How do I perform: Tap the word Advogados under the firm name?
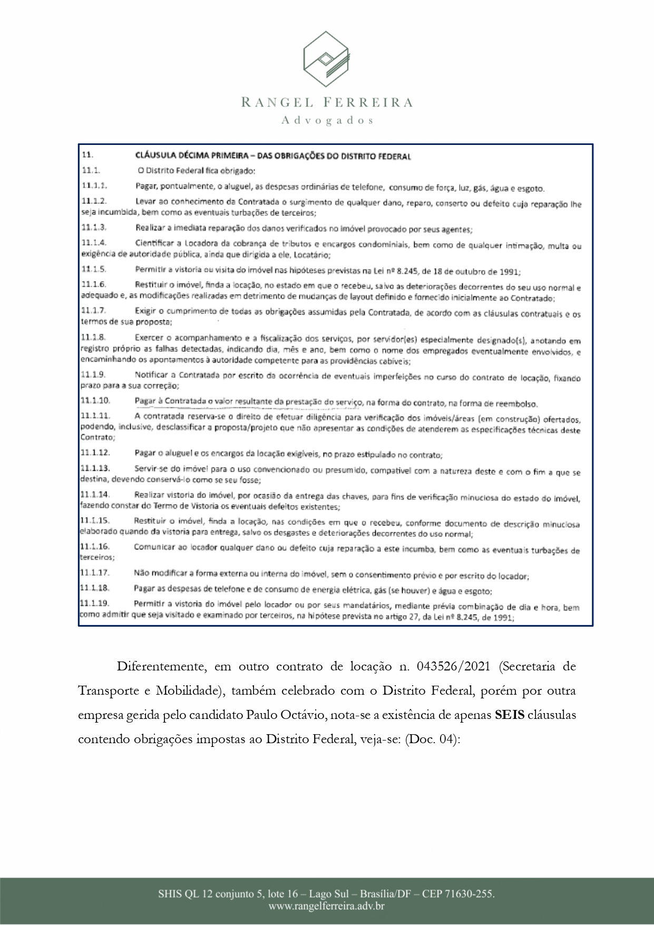point(327,121)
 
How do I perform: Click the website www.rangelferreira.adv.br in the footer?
point(326,907)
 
